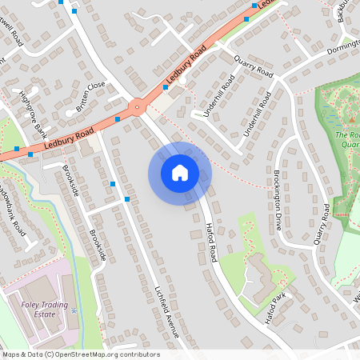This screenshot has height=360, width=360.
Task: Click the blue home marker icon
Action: point(180,172)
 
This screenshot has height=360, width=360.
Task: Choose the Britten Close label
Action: point(90,96)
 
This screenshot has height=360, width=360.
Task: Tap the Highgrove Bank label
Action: point(34,114)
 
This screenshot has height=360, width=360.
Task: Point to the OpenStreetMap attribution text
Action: point(80,354)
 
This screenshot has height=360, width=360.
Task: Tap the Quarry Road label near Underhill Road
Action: point(253,66)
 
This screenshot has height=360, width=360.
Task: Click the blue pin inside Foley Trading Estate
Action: point(71,308)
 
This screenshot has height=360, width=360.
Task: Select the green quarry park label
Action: point(349,140)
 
